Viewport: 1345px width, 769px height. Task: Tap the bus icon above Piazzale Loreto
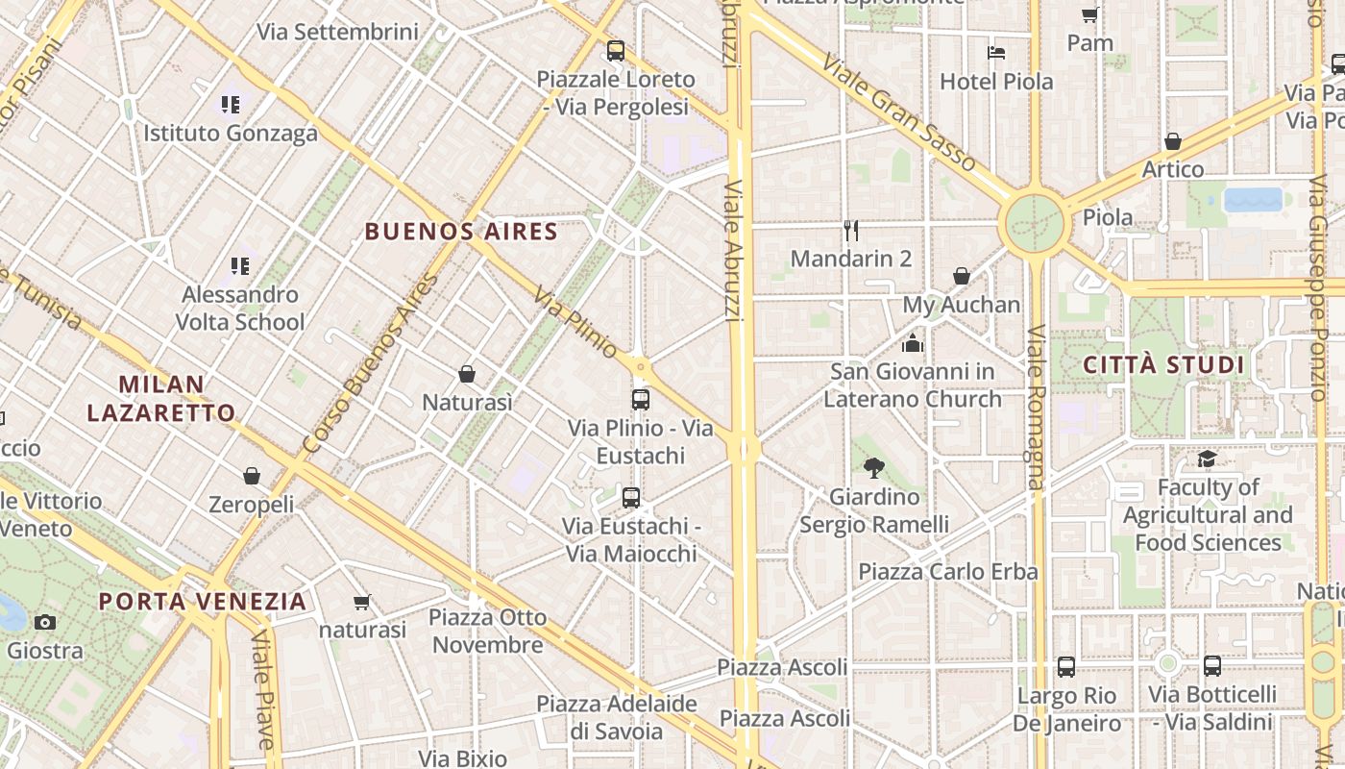(616, 50)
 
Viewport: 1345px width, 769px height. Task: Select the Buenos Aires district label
(461, 232)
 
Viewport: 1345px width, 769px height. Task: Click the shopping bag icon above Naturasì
(467, 373)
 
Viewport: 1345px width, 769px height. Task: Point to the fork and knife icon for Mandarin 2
(850, 230)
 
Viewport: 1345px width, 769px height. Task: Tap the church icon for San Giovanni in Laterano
(912, 342)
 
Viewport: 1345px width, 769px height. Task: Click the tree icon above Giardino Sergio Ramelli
(873, 468)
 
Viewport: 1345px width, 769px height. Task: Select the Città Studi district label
(1163, 365)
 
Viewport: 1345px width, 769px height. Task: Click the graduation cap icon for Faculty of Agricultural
(1207, 459)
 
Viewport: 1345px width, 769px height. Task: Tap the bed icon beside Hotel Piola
(996, 53)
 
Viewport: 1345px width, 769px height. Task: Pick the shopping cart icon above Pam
(1089, 14)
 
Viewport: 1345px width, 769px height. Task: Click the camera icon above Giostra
(44, 622)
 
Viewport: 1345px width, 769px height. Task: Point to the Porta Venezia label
(203, 602)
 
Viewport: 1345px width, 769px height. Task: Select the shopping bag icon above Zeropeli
(252, 476)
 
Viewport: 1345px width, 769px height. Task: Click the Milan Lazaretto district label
(161, 399)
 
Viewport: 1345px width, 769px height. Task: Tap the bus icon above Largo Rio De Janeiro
(1066, 666)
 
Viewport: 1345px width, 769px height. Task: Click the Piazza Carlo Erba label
(947, 572)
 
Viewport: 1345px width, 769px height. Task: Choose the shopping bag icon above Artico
(1172, 141)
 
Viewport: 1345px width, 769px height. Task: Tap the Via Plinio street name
(575, 323)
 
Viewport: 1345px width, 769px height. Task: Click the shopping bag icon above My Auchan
(962, 276)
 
